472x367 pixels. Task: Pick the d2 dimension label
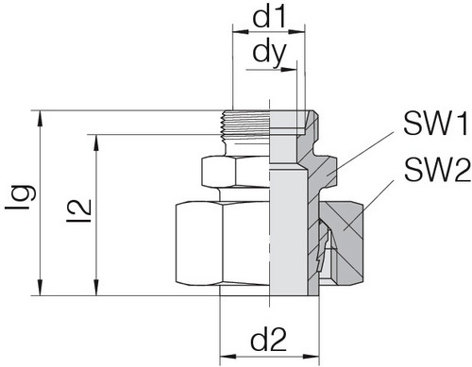coord(268,337)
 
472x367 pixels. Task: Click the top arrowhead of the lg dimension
coord(40,116)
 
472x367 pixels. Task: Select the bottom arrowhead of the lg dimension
coord(40,291)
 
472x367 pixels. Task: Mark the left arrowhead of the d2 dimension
coord(225,358)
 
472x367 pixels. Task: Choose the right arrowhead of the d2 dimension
coord(317,358)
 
